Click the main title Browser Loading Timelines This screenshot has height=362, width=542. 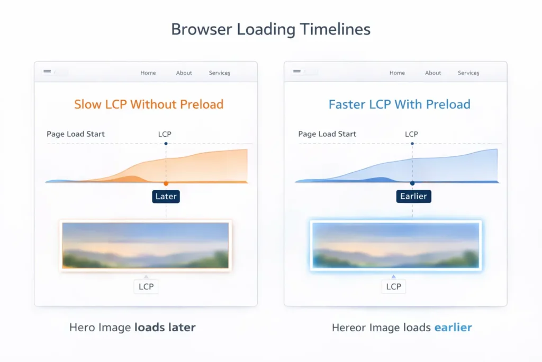point(270,29)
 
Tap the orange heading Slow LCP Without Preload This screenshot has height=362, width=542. point(149,104)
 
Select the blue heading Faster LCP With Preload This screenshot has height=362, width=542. point(399,104)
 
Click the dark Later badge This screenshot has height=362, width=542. point(166,197)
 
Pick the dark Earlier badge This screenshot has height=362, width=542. point(413,197)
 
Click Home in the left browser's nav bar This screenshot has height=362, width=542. point(148,73)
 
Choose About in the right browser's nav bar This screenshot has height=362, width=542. point(433,73)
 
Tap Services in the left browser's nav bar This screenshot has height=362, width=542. point(219,73)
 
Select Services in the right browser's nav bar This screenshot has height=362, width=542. point(468,73)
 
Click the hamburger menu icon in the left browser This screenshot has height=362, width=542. point(47,71)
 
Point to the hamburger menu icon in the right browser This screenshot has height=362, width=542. point(297,71)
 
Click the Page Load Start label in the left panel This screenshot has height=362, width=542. point(76,134)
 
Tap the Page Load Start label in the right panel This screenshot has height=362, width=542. point(327,134)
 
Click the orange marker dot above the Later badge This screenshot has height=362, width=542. point(166,183)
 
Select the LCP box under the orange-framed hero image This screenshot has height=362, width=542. point(146,287)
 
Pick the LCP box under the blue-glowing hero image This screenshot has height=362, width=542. point(394,287)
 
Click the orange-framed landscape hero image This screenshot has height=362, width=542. point(146,245)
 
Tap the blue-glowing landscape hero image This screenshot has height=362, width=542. point(395,245)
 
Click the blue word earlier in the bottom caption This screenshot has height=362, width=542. point(453,328)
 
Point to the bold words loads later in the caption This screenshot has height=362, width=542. point(165,328)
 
